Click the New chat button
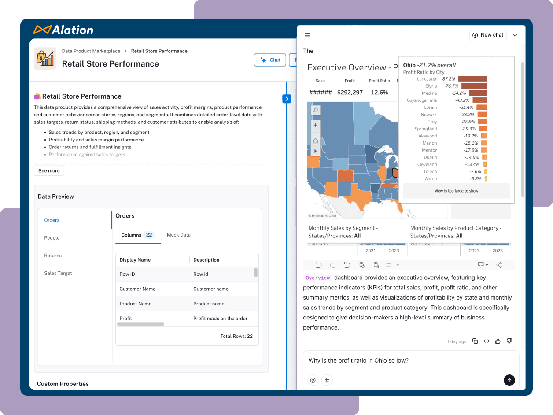coord(488,35)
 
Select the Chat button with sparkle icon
coord(270,60)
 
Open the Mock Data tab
coord(178,235)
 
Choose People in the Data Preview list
coord(52,238)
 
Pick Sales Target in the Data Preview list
coord(58,273)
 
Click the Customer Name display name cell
coord(137,289)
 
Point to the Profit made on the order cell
coord(220,318)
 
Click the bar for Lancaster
coord(472,79)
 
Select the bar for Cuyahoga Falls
coord(479,100)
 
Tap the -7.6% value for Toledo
coord(475,171)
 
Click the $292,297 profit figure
coord(350,93)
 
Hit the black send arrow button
coord(509,380)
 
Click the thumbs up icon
coord(498,341)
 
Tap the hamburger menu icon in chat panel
coord(307,35)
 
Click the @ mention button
coord(313,380)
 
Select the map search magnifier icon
coord(315,110)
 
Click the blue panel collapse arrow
coord(287,99)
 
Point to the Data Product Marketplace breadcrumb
coord(91,51)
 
